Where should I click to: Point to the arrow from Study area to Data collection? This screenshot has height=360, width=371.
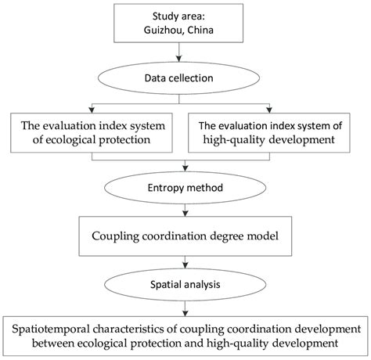(x=185, y=54)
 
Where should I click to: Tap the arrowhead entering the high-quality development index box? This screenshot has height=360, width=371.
(x=276, y=109)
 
